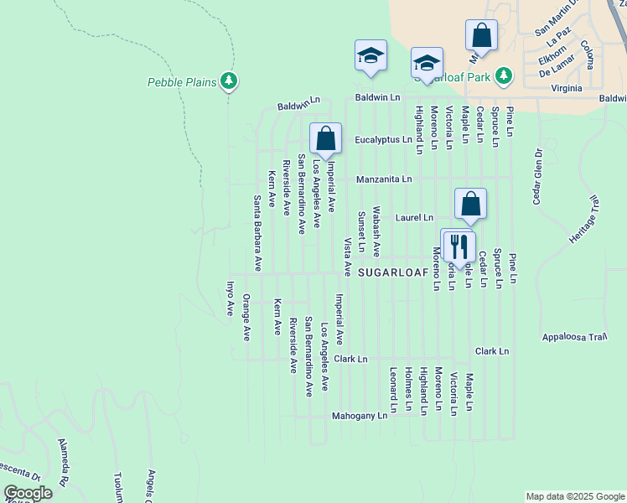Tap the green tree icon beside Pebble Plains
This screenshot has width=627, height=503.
point(229,80)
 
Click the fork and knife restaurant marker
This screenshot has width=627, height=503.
point(459,246)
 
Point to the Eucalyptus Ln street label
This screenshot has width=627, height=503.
point(383,140)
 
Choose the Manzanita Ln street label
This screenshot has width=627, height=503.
point(384,179)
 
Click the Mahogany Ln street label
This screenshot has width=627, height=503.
point(360,415)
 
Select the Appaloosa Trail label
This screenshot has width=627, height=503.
point(574,337)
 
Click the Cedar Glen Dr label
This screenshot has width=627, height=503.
point(537,177)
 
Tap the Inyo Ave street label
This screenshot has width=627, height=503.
point(229,298)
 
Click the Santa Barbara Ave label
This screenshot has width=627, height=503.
point(258,233)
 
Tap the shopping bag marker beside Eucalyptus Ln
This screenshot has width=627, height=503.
point(325,139)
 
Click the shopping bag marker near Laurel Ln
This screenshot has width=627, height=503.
point(470,204)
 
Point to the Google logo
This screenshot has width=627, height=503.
point(28,493)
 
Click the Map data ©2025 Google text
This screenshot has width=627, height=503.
point(575,496)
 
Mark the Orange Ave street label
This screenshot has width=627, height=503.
point(246,317)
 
